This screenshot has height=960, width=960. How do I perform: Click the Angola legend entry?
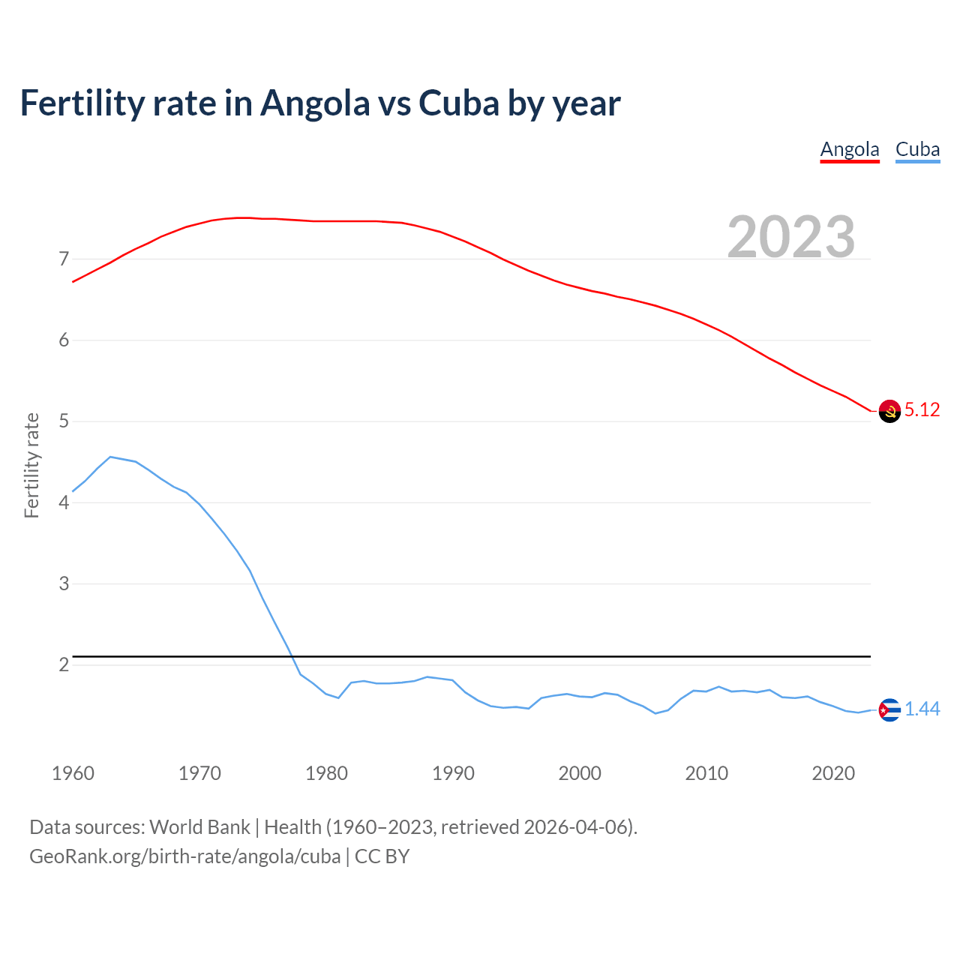pos(849,149)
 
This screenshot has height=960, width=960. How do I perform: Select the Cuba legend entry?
pos(917,149)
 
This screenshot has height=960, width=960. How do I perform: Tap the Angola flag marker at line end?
pos(889,411)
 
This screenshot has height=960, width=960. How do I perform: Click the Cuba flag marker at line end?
pos(889,709)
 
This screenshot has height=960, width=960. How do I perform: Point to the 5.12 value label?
pos(922,409)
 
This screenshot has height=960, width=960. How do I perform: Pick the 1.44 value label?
pos(922,709)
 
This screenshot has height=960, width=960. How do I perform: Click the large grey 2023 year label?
pos(791,237)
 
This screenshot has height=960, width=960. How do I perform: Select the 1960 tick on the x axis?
pos(73,773)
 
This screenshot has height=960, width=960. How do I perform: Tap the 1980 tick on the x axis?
pos(326,773)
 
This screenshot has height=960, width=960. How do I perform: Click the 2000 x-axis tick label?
pos(580,773)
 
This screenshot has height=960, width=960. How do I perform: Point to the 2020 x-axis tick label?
pos(833,773)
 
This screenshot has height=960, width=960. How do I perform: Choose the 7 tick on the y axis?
pos(64,259)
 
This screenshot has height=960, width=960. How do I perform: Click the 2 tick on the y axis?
pos(64,665)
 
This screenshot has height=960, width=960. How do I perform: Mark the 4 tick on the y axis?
pos(64,502)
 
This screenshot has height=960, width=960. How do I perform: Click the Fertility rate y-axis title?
pos(31,465)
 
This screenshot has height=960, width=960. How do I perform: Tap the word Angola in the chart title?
pos(315,103)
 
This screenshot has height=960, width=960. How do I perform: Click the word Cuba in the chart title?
pos(459,103)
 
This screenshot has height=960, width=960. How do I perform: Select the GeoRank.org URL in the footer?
pos(184,856)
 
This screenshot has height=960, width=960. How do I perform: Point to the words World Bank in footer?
pos(199,827)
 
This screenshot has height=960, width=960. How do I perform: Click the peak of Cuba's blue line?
pos(110,457)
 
